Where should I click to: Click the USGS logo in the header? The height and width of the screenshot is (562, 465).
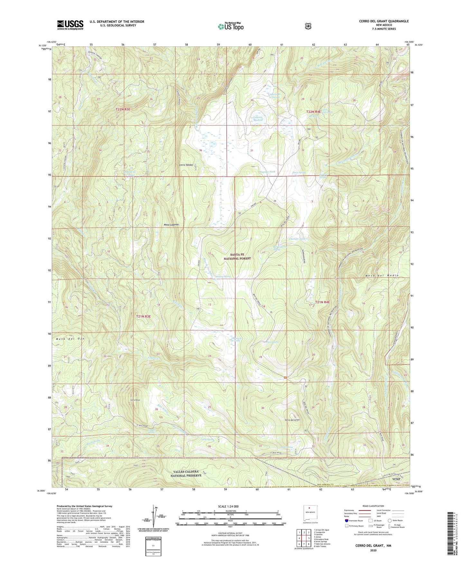pos(70,24)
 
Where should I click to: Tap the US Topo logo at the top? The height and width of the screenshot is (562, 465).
pos(230,26)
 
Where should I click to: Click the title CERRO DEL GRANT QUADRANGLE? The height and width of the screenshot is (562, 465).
pos(384,21)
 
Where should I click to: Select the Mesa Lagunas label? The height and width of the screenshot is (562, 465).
pos(171,224)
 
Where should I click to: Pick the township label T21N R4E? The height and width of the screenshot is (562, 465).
pos(322,302)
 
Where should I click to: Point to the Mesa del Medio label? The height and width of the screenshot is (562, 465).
pos(382,276)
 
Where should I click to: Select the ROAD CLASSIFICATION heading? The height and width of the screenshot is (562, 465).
pos(374,506)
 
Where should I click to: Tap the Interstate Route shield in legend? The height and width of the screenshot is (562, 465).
pos(347,520)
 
